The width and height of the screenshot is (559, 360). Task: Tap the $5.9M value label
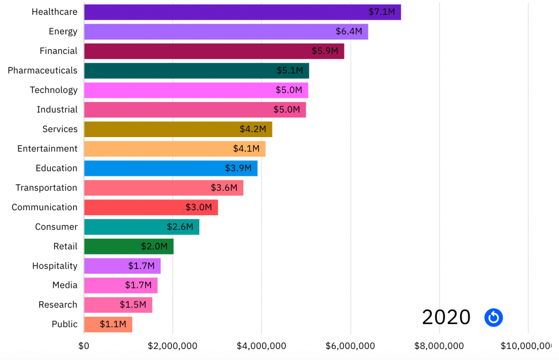325,51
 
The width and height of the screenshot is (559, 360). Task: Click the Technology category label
53,90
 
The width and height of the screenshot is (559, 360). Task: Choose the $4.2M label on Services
253,129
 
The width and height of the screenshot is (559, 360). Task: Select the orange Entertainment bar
175,149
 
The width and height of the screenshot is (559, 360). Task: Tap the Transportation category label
46,188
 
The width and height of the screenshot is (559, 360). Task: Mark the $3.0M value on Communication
199,207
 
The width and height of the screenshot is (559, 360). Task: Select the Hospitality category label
55,266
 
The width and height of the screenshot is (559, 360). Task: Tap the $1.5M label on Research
133,305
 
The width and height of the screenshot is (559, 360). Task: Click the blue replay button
493,317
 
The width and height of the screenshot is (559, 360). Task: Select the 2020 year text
446,317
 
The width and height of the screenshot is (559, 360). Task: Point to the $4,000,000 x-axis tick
261,346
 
